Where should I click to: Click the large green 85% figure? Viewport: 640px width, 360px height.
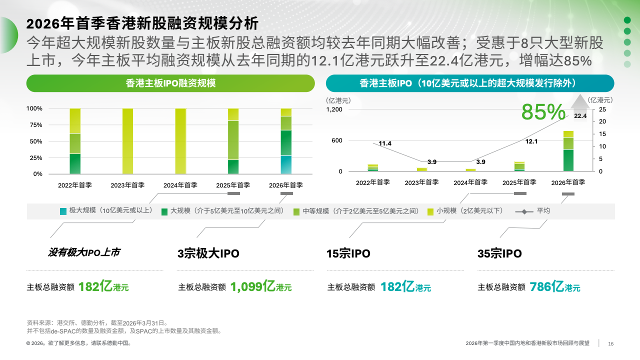pos(543,112)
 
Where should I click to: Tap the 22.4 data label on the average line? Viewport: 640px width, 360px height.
pos(580,116)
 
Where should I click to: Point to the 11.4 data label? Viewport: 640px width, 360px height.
pos(385,143)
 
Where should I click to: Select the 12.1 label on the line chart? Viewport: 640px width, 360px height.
pos(531,141)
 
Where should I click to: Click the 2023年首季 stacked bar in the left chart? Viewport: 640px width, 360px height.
pos(127,141)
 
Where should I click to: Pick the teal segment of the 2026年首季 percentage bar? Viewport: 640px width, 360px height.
pos(286,164)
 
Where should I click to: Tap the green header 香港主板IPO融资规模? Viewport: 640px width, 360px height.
pos(170,83)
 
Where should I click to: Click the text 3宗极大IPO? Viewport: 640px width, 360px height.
pos(208,253)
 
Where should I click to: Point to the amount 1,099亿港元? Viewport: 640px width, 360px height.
pos(260,287)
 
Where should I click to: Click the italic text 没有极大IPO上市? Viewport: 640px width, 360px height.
pos(84,252)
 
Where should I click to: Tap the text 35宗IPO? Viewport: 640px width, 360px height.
pos(499,253)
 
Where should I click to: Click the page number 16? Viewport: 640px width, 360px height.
pos(610,343)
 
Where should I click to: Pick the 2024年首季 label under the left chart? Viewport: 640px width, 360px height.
pos(180,185)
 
